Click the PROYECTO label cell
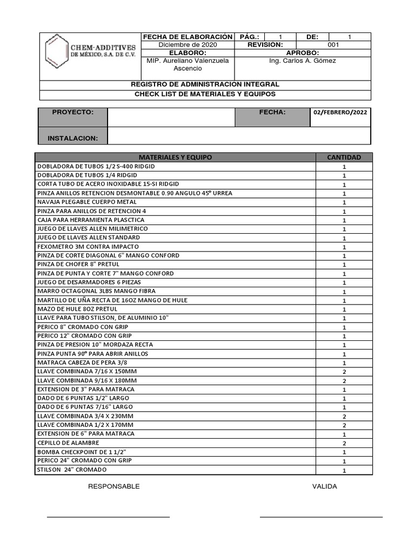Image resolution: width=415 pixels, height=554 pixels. (73, 112)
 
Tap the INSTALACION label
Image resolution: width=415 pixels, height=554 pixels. (73, 138)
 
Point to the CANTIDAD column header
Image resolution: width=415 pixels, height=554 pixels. (344, 157)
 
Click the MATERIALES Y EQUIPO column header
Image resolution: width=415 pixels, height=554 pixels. (176, 157)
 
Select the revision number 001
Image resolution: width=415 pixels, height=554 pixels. (333, 45)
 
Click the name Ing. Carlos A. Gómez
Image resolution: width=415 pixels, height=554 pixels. (302, 61)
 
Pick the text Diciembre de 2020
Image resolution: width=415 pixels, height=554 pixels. (188, 45)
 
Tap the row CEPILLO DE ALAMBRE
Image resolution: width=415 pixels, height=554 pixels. (68, 443)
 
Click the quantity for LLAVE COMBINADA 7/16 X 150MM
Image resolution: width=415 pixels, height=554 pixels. (344, 372)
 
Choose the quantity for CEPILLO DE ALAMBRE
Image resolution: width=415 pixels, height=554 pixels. (344, 443)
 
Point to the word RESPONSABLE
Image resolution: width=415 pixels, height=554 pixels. (114, 486)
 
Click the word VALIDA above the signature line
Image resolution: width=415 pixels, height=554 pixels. (324, 486)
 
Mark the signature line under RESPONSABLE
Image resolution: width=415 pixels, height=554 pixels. (108, 517)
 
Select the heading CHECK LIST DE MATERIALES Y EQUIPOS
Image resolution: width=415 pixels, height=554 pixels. (205, 94)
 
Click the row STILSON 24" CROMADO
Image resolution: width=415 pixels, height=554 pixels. (72, 470)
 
